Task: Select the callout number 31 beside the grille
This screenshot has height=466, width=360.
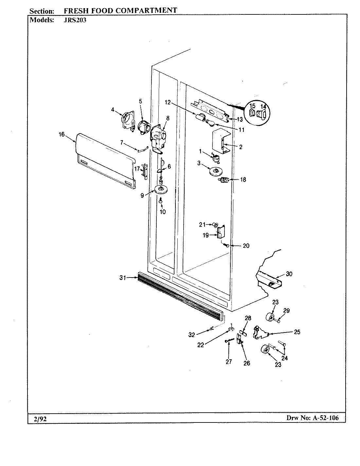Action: coord(123,278)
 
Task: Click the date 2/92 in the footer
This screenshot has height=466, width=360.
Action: coord(40,419)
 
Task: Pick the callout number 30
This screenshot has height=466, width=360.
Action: coord(289,274)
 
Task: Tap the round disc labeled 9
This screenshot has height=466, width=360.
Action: coord(160,189)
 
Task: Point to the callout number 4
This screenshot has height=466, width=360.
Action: coord(113,110)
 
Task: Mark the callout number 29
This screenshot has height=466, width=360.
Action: coord(286,311)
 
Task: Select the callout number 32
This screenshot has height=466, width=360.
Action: coord(191,335)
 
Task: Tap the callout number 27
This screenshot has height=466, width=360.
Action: coord(228,361)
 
